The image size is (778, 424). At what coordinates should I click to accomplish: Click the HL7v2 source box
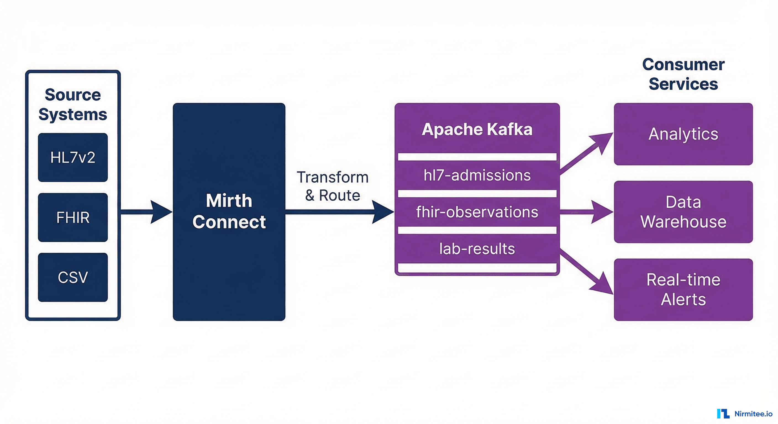[73, 157]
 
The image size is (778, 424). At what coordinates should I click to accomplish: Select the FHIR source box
[73, 217]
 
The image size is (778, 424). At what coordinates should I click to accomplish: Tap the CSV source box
[73, 277]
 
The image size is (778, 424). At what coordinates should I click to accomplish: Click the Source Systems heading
[73, 104]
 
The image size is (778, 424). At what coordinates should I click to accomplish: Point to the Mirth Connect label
[229, 211]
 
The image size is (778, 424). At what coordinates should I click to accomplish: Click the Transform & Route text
[333, 186]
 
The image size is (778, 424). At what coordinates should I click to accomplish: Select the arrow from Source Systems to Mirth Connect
[145, 212]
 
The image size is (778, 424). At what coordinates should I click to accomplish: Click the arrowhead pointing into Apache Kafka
[382, 212]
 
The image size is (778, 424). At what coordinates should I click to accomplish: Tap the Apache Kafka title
[477, 129]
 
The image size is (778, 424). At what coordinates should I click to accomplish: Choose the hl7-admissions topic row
[477, 175]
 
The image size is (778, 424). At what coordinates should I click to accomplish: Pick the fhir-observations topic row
[477, 212]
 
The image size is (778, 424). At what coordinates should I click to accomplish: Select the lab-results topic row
[477, 249]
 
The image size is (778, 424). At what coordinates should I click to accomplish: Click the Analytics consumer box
[683, 134]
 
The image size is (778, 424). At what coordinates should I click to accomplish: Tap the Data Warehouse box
[683, 212]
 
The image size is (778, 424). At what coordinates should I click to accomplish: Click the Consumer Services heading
[683, 74]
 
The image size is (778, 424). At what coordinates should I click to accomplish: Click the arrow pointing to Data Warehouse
[586, 212]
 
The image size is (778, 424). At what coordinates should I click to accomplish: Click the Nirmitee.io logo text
[753, 414]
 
